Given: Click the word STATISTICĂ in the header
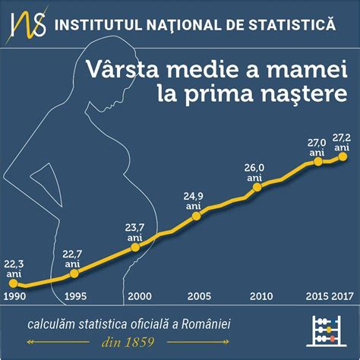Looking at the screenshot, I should pyautogui.click(x=298, y=26).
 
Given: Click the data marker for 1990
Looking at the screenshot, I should pyautogui.click(x=13, y=283).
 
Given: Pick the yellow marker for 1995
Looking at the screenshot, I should pyautogui.click(x=72, y=273).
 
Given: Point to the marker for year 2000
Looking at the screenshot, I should pyautogui.click(x=135, y=246).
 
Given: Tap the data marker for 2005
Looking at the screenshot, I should pyautogui.click(x=196, y=216).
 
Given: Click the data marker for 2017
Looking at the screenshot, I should pyautogui.click(x=343, y=156).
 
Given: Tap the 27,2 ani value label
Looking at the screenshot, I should pyautogui.click(x=343, y=141).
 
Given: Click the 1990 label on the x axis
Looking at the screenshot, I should pyautogui.click(x=14, y=295).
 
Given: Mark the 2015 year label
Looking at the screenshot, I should pyautogui.click(x=318, y=295).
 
